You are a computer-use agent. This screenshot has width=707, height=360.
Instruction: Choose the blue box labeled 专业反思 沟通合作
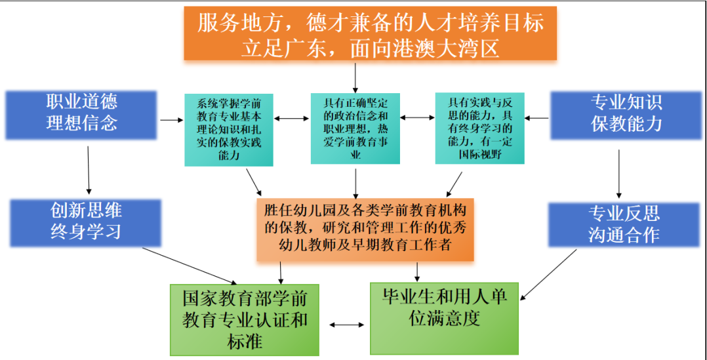tap(624, 223)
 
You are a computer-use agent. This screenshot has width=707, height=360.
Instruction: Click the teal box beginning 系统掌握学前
tap(229, 129)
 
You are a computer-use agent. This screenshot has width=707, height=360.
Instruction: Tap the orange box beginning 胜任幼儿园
tap(365, 230)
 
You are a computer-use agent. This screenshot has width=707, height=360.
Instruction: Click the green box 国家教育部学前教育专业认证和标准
tap(244, 320)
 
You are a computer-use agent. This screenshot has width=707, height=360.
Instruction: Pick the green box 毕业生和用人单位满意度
tap(444, 318)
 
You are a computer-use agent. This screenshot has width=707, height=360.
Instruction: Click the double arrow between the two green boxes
tap(346, 325)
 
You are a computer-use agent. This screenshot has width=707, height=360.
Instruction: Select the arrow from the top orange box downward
tap(355, 77)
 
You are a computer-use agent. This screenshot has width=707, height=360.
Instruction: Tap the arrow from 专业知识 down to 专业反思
tap(618, 172)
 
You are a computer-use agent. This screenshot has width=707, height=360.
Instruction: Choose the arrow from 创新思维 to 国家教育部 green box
tap(191, 264)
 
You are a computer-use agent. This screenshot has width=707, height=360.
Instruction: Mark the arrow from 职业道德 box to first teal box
tap(170, 120)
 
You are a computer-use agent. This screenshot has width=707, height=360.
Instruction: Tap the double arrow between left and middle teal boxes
tap(293, 119)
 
